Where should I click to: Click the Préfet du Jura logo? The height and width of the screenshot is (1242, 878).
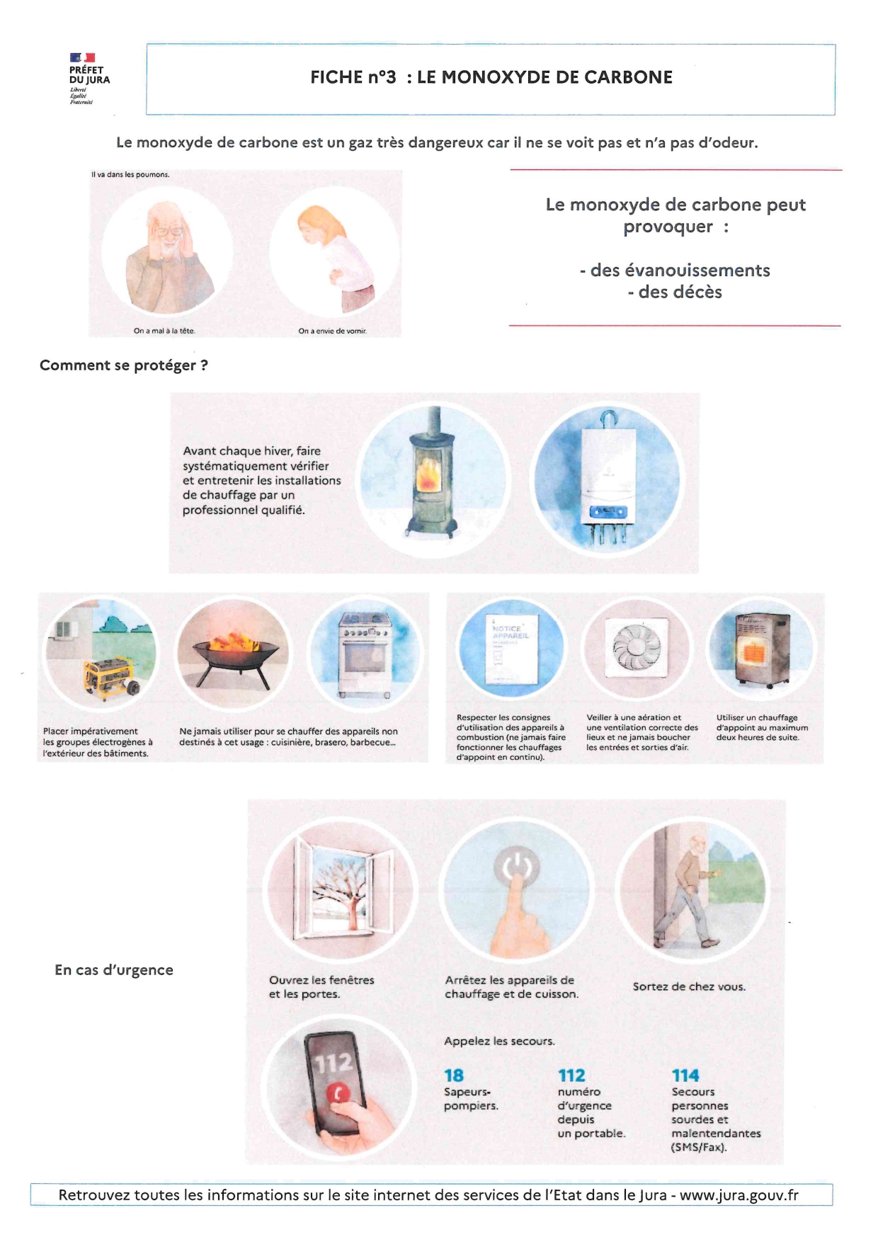89,78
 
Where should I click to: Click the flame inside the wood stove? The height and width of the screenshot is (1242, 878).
428,474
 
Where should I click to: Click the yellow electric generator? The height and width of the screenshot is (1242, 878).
110,676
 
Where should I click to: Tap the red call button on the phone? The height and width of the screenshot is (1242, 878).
338,1094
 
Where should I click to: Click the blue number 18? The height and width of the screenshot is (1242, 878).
454,1076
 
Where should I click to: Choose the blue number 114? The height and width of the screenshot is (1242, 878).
685,1076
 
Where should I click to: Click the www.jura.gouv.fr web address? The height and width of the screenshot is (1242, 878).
739,1195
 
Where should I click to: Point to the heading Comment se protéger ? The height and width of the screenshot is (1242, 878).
124,365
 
